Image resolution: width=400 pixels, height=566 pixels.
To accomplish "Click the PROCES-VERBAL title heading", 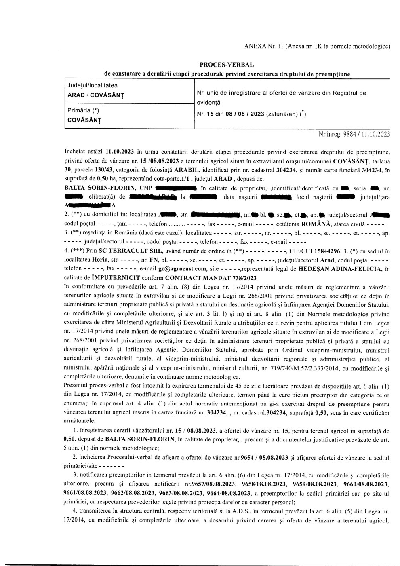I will pyautogui.click(x=227, y=65).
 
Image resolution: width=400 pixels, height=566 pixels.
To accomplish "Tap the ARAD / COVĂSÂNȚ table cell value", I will pyautogui.click(x=95, y=95).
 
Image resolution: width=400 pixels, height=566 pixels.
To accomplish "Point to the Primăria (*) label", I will pyautogui.click(x=83, y=110).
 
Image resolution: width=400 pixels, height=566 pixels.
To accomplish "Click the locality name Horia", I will pyautogui.click(x=100, y=259).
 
